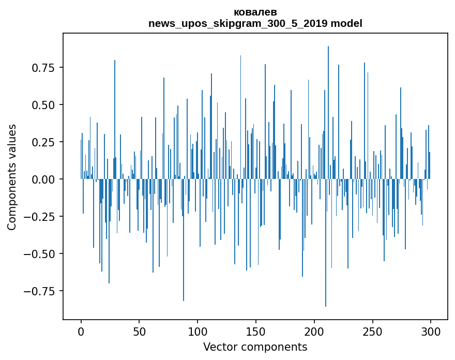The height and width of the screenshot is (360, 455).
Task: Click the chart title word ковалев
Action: click(255, 12)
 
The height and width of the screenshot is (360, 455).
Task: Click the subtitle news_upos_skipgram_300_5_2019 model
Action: click(255, 23)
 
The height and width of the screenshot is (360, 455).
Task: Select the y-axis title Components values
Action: click(11, 177)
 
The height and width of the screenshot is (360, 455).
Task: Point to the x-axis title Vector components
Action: click(255, 347)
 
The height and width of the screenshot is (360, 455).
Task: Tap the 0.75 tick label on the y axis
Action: click(44, 67)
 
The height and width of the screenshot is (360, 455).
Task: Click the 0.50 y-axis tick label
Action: click(44, 104)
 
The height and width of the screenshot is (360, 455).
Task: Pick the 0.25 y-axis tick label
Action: click(44, 142)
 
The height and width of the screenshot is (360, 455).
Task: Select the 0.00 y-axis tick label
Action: click(44, 179)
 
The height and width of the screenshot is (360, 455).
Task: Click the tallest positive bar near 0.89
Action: click(328, 103)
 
